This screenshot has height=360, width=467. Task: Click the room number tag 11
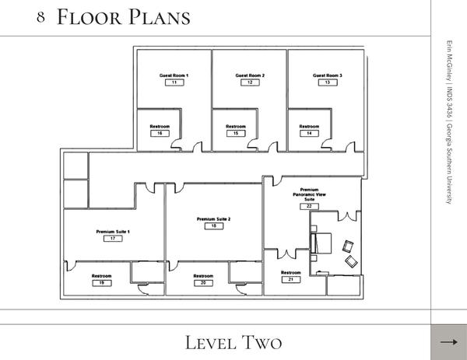pos(174,82)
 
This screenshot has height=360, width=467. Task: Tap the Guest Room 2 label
pos(250,75)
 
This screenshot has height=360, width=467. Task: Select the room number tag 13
pos(328,82)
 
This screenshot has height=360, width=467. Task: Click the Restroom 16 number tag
pos(160,133)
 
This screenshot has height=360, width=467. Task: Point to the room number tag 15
pos(236,133)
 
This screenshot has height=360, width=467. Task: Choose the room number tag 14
pos(309,133)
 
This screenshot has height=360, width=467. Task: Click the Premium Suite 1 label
pos(113,232)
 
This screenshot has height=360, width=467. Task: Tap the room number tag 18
pos(214,226)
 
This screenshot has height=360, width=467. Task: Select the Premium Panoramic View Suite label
pos(310,194)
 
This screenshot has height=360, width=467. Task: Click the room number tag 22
pos(310,207)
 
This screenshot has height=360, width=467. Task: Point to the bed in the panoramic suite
pos(321,243)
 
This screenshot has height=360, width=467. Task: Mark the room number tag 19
pos(102,283)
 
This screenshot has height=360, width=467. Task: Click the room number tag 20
pos(203,283)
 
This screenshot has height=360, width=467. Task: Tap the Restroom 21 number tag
pos(291,280)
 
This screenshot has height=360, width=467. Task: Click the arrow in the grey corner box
pos(449,342)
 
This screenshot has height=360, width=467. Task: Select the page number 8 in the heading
pos(40,17)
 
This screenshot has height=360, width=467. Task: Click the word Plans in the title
pos(160,17)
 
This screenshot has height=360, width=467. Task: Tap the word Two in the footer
pos(262,342)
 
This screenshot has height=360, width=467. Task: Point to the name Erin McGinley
pos(449,61)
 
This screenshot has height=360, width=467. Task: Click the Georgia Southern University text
pos(449,164)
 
